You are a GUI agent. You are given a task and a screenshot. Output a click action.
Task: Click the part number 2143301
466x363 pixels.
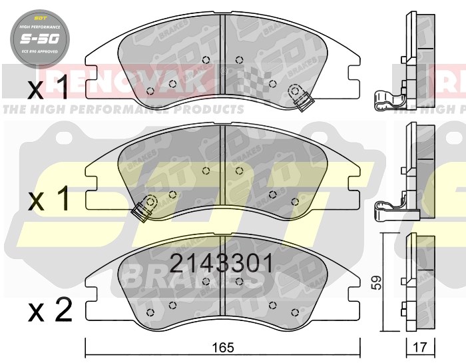[221, 264]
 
